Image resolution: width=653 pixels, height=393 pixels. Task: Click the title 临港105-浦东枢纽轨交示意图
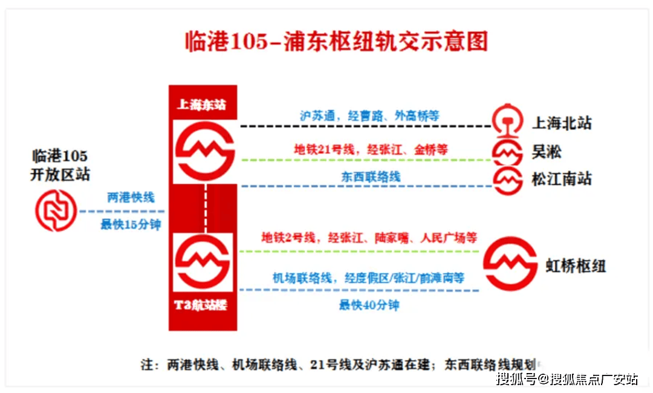(336, 42)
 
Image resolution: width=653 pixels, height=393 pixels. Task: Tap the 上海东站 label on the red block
(201, 104)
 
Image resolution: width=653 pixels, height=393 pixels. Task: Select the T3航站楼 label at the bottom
(201, 305)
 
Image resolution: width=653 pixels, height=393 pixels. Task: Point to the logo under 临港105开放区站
(56, 210)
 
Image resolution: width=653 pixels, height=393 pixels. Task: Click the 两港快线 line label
(131, 197)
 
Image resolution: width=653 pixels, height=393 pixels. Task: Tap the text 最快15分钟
(131, 225)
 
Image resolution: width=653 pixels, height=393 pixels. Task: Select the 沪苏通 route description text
(369, 115)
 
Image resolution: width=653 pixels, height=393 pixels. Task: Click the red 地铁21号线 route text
(371, 149)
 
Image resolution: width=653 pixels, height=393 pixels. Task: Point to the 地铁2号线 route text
(369, 238)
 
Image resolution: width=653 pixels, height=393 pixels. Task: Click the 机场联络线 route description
(368, 278)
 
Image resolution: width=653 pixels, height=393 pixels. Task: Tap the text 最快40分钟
(369, 305)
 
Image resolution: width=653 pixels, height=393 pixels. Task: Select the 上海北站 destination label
(562, 124)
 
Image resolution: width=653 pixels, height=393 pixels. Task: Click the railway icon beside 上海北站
(507, 121)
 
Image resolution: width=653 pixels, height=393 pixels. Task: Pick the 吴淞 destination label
(547, 151)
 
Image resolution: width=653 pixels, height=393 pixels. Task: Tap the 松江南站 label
(562, 179)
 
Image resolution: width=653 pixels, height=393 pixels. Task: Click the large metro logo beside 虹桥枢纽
(510, 264)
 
